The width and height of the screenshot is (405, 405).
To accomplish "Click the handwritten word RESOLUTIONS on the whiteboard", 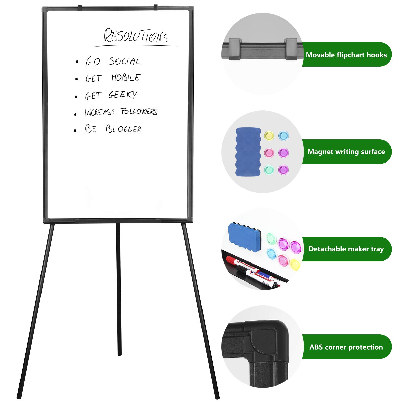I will [x=136, y=36].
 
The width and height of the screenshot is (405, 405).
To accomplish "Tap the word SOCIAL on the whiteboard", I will [x=125, y=61].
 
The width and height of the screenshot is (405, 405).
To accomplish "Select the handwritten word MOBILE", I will [x=126, y=78].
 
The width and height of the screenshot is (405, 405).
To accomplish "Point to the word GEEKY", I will [x=123, y=95].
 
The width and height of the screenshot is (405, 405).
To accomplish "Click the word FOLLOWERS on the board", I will [x=139, y=112].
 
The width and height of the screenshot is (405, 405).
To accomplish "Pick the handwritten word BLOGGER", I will [x=124, y=129].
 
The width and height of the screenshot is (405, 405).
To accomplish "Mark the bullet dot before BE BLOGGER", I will [x=75, y=131].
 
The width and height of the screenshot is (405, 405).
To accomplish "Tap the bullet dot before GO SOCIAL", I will [x=77, y=62].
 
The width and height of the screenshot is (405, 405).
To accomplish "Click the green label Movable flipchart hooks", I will [x=346, y=55].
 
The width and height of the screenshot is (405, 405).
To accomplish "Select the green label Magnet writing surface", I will [x=346, y=152].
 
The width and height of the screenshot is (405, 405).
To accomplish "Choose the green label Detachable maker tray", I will [x=346, y=249].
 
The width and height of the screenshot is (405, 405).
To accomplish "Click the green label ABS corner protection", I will [x=346, y=347].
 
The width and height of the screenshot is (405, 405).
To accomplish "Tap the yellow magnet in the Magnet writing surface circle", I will [x=269, y=136].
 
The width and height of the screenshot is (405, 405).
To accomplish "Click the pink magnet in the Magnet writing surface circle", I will [x=269, y=153].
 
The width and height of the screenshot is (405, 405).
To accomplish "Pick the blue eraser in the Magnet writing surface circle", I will [x=248, y=152].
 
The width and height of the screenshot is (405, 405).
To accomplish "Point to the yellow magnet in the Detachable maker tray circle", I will [x=295, y=265].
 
